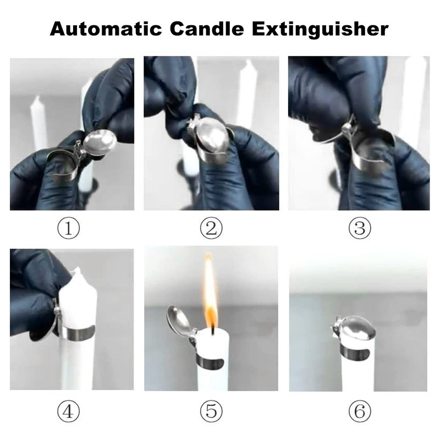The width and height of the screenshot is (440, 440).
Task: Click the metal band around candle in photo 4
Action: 76,331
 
